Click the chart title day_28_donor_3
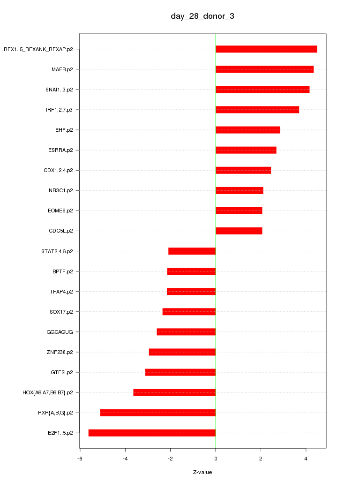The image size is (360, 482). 202,16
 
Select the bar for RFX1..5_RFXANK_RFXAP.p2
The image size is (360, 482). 266,49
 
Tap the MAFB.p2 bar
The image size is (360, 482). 264,69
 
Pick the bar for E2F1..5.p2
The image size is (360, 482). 152,433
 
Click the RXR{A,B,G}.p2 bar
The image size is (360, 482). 158,413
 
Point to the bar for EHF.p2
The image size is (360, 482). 247,130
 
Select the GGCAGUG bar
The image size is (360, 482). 186,332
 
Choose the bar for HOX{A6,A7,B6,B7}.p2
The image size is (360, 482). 174,392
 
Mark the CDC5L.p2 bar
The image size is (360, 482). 239,231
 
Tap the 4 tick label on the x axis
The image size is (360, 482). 306,459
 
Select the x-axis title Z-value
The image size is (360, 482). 202,472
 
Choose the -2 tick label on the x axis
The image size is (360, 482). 170,459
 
